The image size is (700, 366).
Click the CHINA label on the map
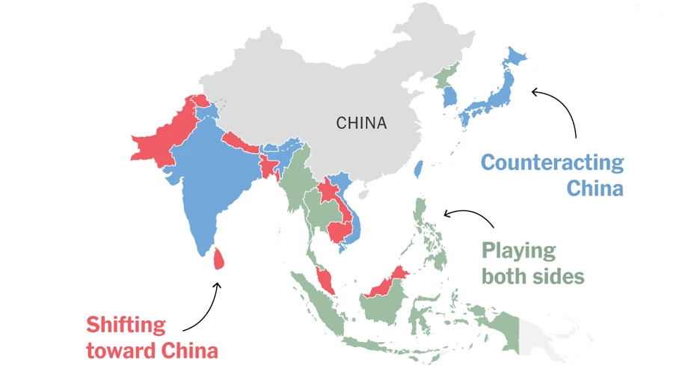pos(361,123)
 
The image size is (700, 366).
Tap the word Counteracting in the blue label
pos(552,162)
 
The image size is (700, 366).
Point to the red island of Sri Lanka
pos(218,258)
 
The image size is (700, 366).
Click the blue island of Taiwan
pos(419,169)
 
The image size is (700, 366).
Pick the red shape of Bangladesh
pos(268,167)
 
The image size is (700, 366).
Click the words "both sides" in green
pos(532,276)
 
